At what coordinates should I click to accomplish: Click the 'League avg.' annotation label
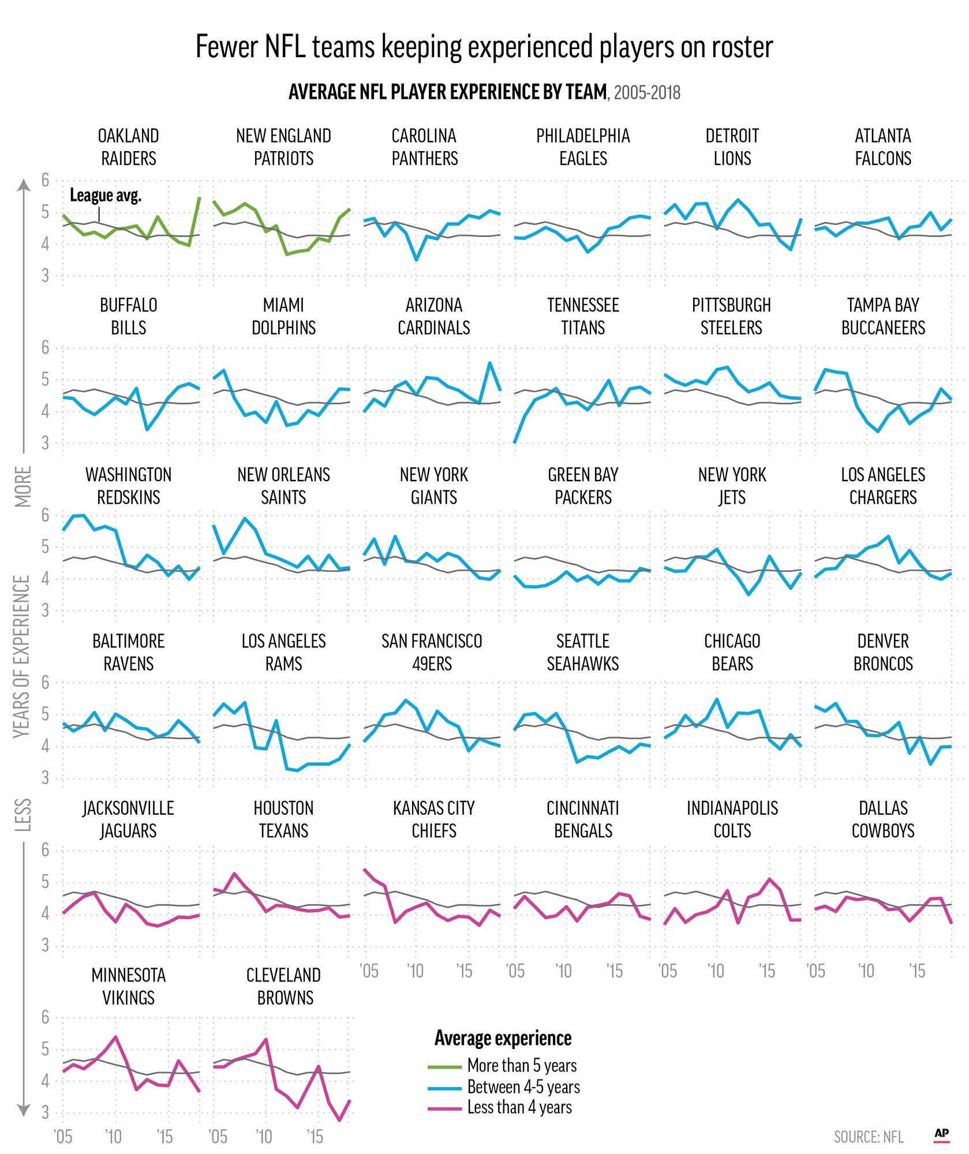[x=106, y=196]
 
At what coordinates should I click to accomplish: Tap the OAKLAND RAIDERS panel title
[x=128, y=147]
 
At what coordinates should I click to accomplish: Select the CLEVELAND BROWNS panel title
[x=283, y=986]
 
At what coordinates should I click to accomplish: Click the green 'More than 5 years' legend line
[x=444, y=1067]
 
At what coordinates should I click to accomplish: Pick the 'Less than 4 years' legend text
[x=519, y=1107]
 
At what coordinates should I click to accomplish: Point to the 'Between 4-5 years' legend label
[x=523, y=1087]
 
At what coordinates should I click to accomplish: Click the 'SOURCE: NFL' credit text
[x=869, y=1137]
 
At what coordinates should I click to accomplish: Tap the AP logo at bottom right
[x=941, y=1134]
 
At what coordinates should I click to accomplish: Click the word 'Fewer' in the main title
[x=226, y=47]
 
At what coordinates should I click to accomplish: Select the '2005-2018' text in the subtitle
[x=647, y=92]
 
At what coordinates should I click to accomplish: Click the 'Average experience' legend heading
[x=503, y=1038]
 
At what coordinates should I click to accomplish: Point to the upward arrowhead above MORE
[x=23, y=185]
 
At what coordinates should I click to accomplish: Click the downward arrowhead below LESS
[x=23, y=1111]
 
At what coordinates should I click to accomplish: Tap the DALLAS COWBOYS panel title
[x=883, y=819]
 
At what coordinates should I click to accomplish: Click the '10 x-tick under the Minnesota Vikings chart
[x=114, y=1137]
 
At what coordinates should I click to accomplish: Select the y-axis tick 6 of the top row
[x=45, y=180]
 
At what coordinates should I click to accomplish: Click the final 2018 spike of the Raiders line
[x=199, y=198]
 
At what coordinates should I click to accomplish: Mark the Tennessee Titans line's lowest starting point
[x=514, y=443]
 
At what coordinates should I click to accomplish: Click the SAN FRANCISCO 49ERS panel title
[x=432, y=653]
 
